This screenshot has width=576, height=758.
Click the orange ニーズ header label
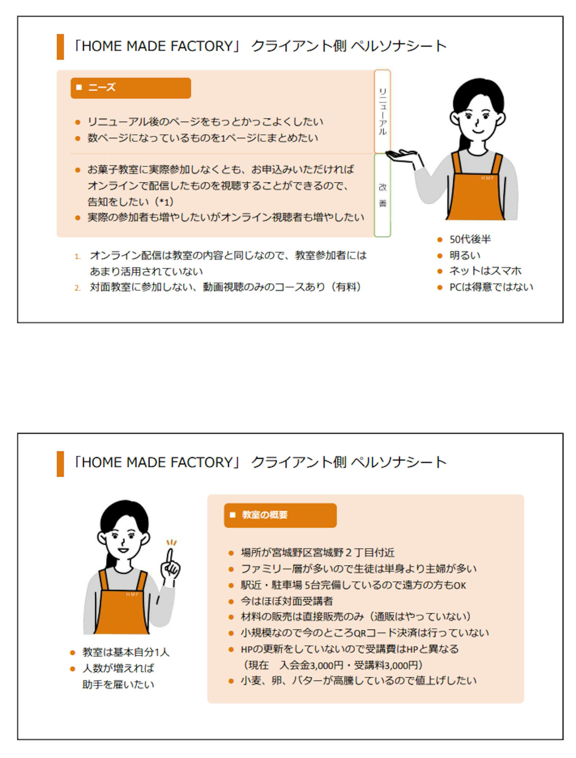point(130,88)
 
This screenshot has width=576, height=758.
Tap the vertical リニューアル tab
point(382,111)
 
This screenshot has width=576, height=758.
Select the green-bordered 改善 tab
point(382,195)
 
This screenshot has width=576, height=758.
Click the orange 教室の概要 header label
point(280,515)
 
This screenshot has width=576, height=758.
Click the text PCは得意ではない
point(491,287)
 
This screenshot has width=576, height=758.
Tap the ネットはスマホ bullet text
point(485,271)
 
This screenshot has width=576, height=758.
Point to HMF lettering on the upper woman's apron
point(487,178)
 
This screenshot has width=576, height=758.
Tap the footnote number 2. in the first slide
point(78,288)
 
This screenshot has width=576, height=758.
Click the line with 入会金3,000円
point(333,665)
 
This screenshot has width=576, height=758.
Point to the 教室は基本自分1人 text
point(126,652)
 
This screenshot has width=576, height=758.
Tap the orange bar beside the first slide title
point(60,47)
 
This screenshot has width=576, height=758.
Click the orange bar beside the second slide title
point(60,464)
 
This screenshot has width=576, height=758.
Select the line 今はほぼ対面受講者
point(287,601)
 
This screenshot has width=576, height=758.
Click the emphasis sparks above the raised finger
point(171,542)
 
